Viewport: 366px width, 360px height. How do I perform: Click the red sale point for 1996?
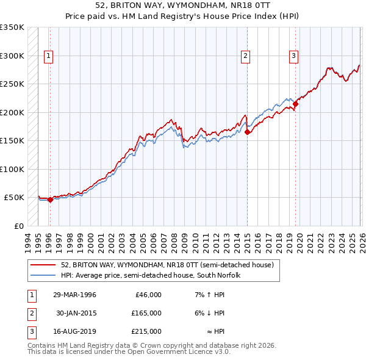pos(50,200)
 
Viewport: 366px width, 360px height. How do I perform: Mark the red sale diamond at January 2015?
pos(247,132)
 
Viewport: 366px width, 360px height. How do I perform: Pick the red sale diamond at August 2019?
pos(295,104)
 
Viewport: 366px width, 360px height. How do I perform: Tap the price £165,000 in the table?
pos(146,313)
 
